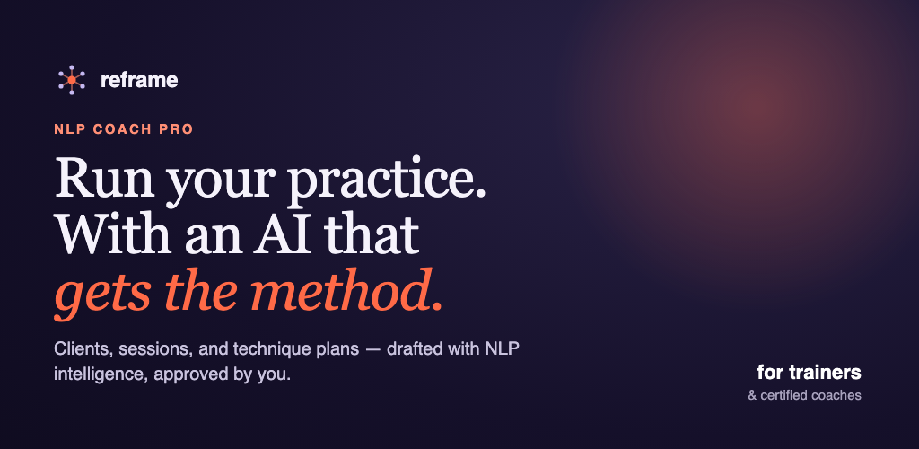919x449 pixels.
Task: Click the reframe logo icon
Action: [x=72, y=80]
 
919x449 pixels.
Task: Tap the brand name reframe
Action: [x=139, y=80]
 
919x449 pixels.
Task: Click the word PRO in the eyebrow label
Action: [x=177, y=129]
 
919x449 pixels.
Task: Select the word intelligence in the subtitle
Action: [x=99, y=374]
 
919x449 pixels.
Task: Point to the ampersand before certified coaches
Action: [x=753, y=396]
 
